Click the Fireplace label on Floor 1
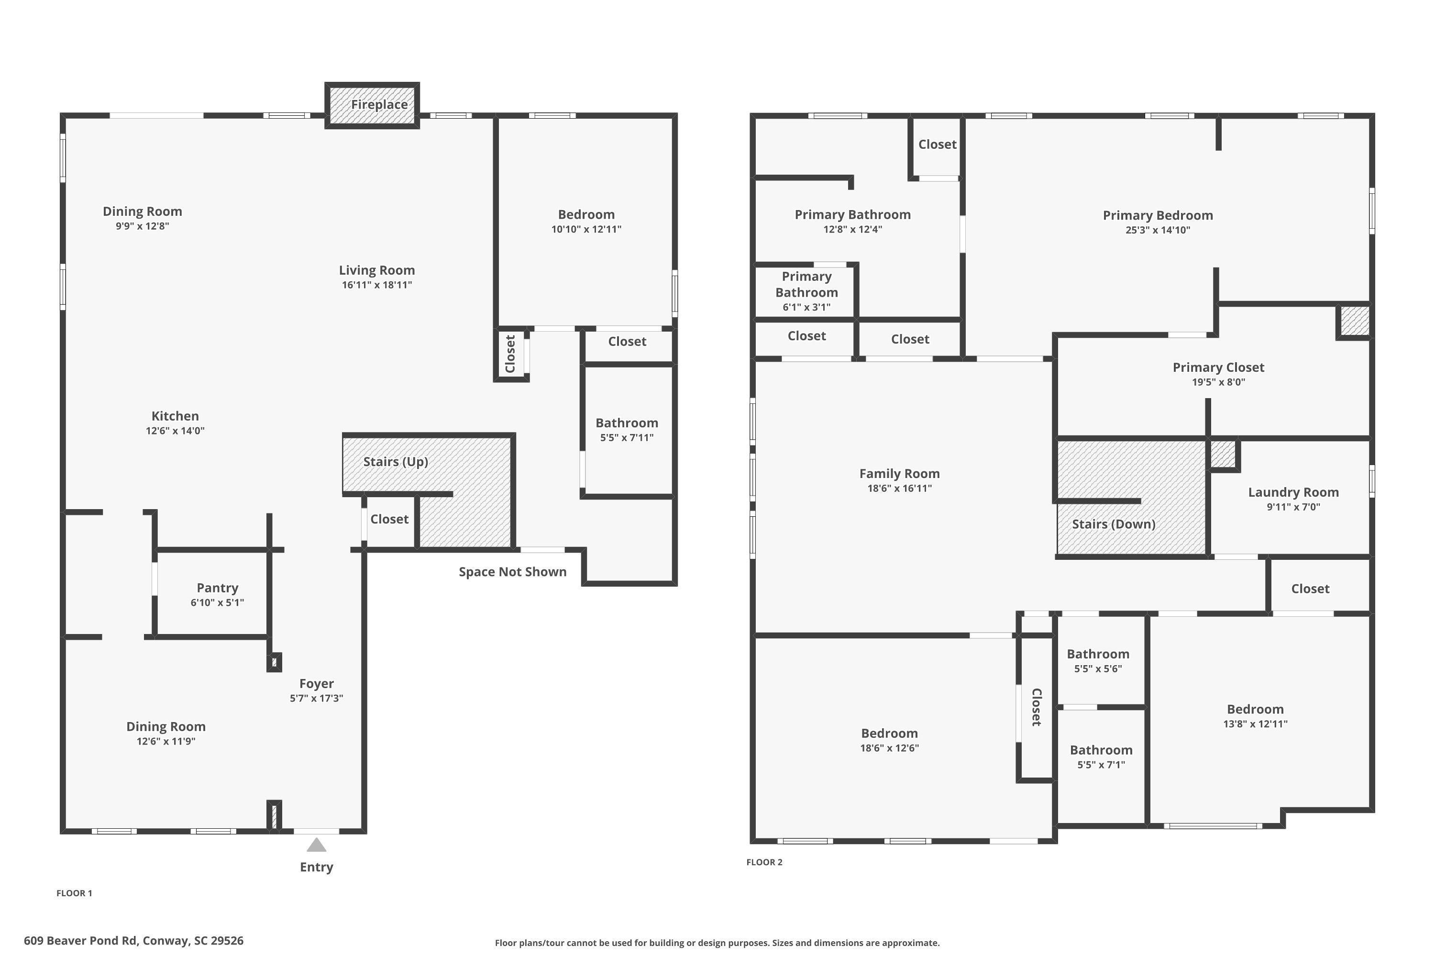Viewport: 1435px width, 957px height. [x=379, y=104]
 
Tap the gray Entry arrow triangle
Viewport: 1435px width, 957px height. [x=316, y=846]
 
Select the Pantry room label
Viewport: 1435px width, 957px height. [x=217, y=588]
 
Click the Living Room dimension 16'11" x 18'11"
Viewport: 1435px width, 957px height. [x=376, y=285]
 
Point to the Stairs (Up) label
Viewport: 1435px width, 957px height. [x=396, y=461]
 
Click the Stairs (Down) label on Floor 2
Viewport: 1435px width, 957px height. [x=1113, y=523]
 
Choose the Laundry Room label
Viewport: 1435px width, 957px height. [x=1293, y=492]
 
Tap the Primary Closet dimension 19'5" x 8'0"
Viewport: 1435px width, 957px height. [x=1218, y=382]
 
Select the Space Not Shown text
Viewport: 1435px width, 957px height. [x=512, y=572]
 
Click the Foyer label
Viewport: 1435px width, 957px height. [x=316, y=684]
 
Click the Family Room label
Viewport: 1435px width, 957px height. [x=899, y=474]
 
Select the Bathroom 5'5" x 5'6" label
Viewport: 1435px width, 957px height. [x=1098, y=654]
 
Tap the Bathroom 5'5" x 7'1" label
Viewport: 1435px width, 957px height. [x=1101, y=750]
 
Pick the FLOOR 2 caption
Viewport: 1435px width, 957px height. [x=764, y=862]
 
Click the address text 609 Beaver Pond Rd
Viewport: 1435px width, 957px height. [x=133, y=941]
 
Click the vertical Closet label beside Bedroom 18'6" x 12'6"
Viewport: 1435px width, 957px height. [x=1036, y=707]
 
